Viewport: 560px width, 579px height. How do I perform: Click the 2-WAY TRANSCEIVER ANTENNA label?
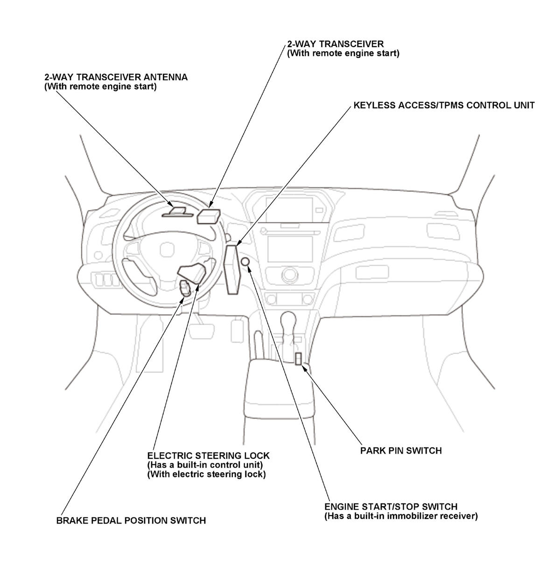click(x=116, y=77)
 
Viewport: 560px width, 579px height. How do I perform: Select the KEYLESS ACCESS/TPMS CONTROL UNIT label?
click(x=443, y=105)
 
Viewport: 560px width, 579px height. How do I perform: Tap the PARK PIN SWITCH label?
click(x=401, y=450)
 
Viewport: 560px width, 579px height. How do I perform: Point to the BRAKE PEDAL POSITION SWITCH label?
click(x=131, y=520)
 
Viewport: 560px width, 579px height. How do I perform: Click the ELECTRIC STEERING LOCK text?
click(x=208, y=455)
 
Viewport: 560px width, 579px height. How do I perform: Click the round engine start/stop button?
click(x=245, y=263)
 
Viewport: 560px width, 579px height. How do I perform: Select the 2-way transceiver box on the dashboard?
click(x=208, y=216)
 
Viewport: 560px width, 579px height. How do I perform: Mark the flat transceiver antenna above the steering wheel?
click(x=177, y=212)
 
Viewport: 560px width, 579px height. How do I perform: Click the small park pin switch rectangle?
click(x=298, y=358)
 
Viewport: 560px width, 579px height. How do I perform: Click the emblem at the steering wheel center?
click(x=167, y=250)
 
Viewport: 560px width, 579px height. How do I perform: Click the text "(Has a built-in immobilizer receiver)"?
click(x=401, y=517)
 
